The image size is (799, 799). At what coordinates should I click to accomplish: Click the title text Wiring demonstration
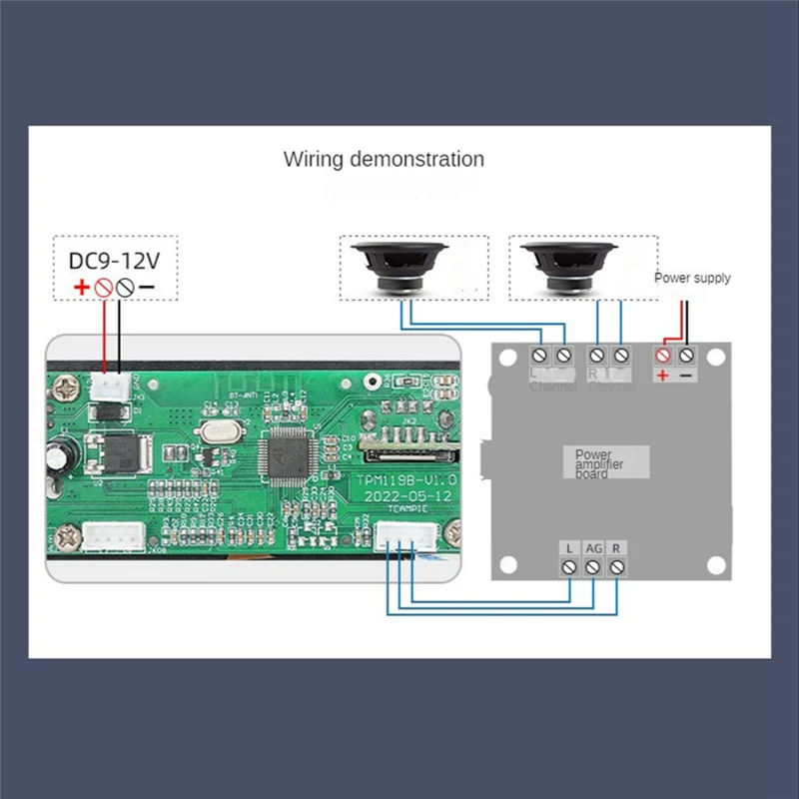384,159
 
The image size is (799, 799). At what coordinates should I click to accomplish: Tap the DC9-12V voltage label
114,261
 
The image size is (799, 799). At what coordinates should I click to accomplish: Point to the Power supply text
692,278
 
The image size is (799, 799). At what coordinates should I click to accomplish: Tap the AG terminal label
593,548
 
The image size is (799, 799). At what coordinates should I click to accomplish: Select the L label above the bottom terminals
569,548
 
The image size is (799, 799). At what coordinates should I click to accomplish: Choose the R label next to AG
617,548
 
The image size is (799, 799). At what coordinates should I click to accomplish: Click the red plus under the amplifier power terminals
662,375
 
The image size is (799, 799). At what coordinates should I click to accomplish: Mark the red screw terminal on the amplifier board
663,355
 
